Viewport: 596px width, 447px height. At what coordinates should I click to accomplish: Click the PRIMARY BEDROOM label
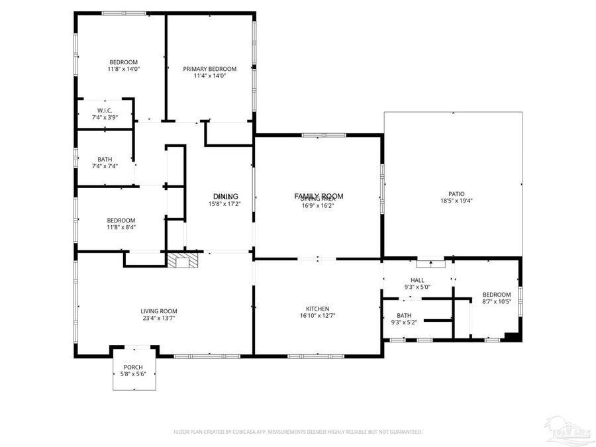(209, 69)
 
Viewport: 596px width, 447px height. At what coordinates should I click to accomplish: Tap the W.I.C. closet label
(105, 110)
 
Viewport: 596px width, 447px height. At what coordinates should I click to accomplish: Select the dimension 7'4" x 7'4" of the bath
(105, 166)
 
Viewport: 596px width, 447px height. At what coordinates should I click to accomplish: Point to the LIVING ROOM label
(158, 311)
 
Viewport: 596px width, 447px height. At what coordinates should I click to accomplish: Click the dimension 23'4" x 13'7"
(158, 318)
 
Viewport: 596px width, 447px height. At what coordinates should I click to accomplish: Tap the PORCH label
(133, 367)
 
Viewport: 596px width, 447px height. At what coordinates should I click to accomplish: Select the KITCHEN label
(317, 309)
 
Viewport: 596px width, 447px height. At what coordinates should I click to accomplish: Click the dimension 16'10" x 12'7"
(317, 316)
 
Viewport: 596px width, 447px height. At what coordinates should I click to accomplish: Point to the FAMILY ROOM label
(319, 195)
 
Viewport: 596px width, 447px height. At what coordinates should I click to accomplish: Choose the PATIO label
(456, 194)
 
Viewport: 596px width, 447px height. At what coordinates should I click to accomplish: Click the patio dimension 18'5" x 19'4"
(456, 201)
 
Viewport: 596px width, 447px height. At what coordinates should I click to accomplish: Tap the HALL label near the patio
(417, 280)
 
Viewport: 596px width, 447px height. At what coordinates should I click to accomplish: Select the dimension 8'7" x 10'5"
(496, 302)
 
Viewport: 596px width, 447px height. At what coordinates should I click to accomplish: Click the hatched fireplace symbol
(181, 260)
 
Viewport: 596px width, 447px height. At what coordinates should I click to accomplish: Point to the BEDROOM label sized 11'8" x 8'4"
(121, 221)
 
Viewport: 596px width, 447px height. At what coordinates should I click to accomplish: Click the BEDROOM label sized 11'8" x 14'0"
(123, 62)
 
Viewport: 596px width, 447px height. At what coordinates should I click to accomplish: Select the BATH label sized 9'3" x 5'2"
(404, 315)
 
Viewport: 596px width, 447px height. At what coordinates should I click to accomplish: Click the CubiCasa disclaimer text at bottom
(297, 432)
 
